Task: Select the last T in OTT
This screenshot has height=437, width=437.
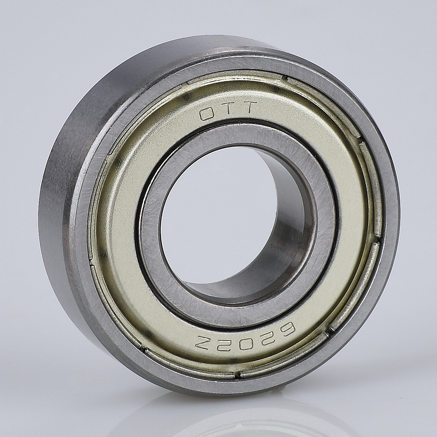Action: (x=247, y=108)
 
